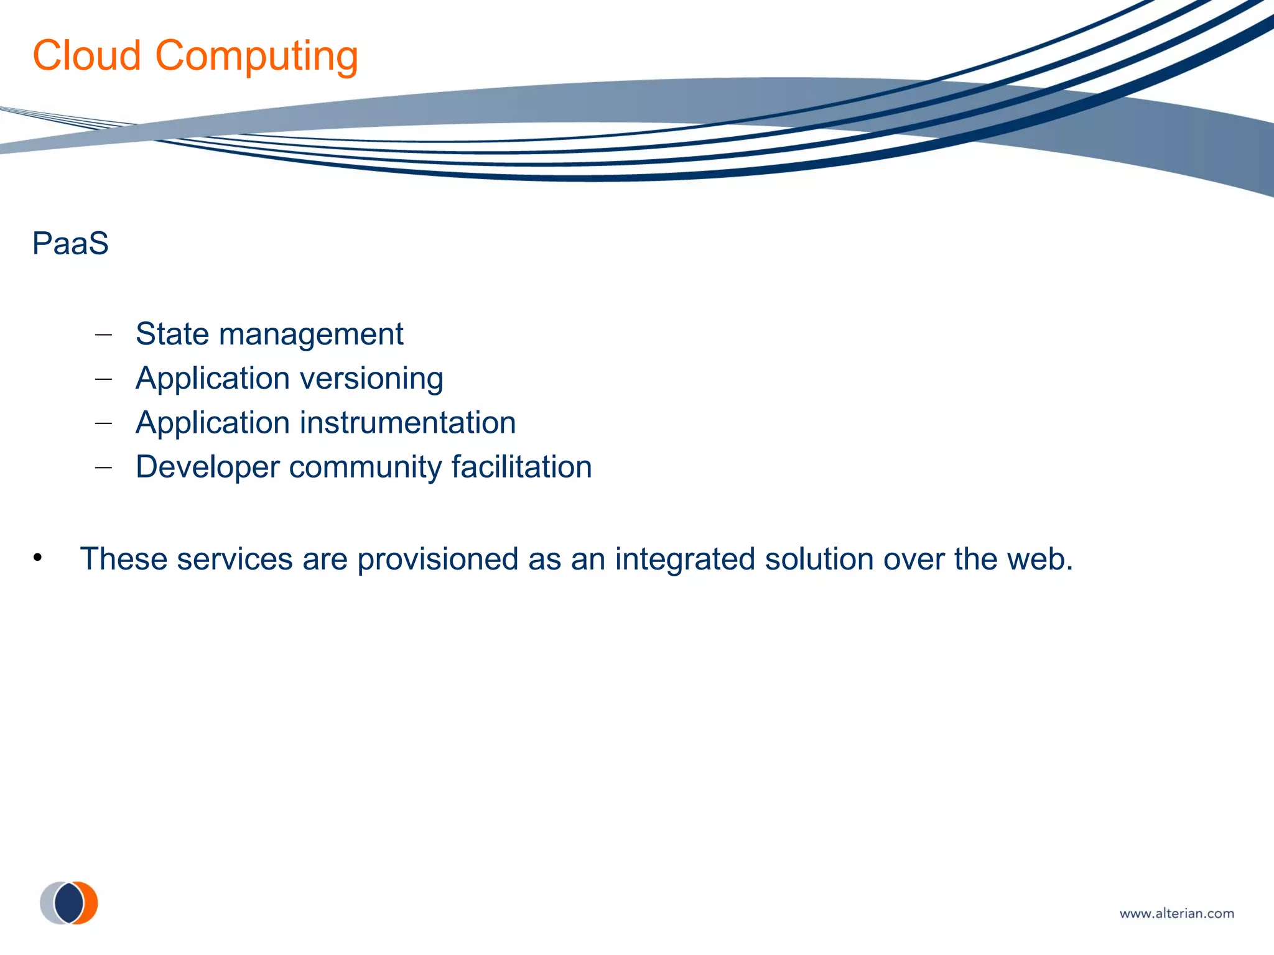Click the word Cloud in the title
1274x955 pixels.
[x=86, y=56]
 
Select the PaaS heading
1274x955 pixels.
[x=70, y=243]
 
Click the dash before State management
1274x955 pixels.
[x=103, y=335]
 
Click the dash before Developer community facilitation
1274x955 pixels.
[x=103, y=468]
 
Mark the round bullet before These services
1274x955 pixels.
[x=38, y=558]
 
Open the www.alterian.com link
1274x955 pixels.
[x=1176, y=913]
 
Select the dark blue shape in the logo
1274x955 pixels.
[x=68, y=903]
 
